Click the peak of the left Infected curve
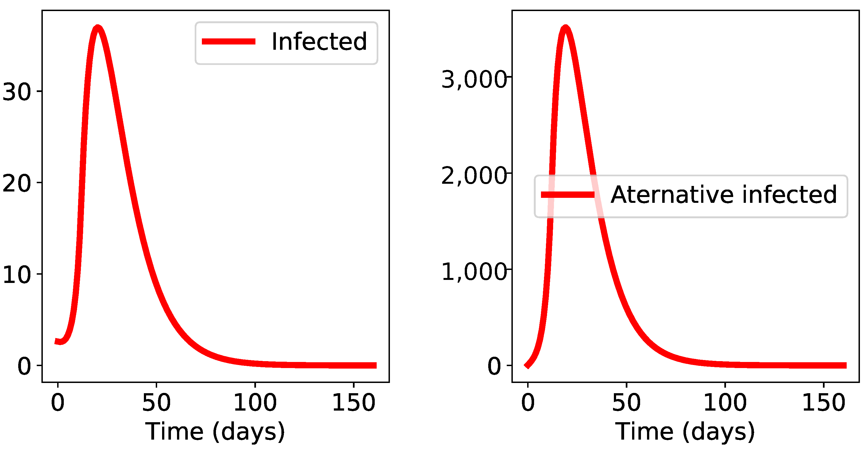(x=97, y=28)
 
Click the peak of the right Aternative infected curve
(x=566, y=28)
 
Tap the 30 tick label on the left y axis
(x=17, y=91)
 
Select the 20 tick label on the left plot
(x=17, y=184)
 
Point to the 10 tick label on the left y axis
(x=17, y=275)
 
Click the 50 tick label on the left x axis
(x=156, y=403)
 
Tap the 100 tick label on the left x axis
(x=255, y=403)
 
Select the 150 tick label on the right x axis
(x=823, y=403)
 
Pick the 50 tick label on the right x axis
(x=626, y=403)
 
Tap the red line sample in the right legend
(x=567, y=195)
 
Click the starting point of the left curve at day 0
(x=57, y=341)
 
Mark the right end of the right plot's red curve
(x=845, y=366)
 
